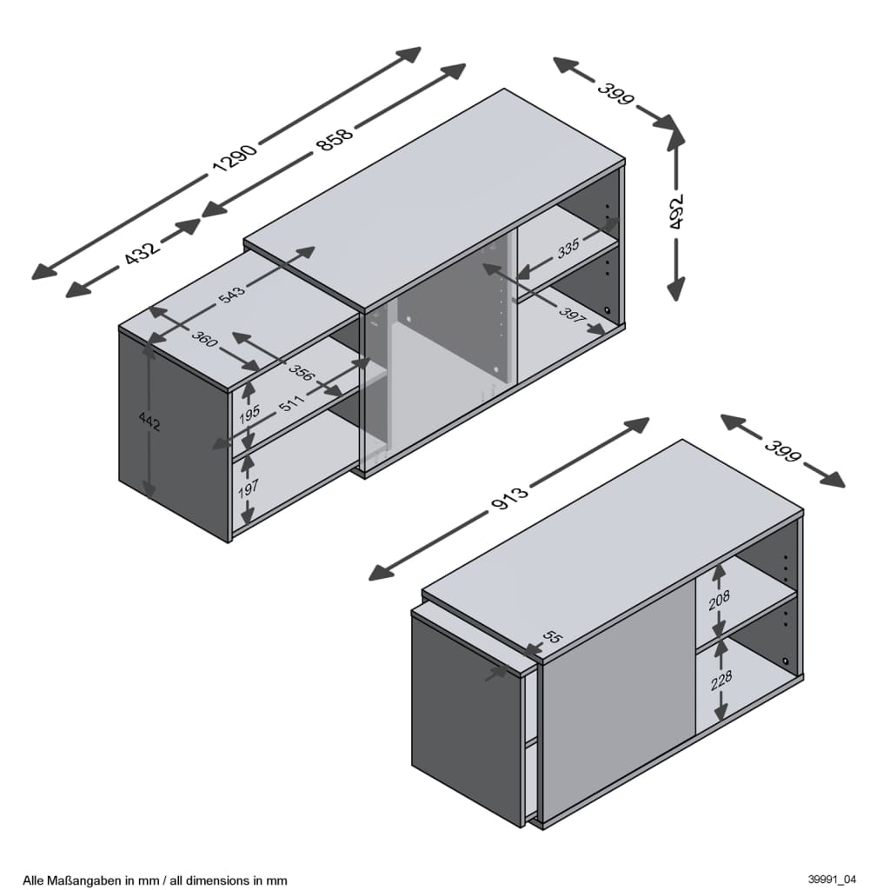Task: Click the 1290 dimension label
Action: point(234,156)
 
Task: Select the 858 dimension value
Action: point(335,138)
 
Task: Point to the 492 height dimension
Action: point(677,211)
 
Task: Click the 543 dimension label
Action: point(232,293)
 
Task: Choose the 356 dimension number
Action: point(302,374)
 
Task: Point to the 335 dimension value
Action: point(568,248)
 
